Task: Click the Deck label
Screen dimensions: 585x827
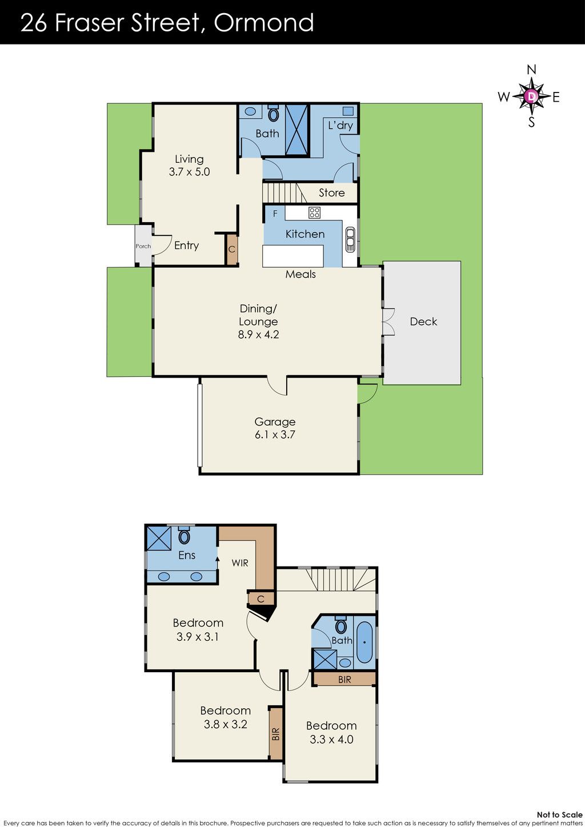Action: click(x=423, y=322)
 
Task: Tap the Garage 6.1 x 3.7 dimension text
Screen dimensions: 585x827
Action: click(x=275, y=435)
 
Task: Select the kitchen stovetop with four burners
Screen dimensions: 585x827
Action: click(x=315, y=212)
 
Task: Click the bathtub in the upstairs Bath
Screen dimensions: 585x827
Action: click(x=364, y=643)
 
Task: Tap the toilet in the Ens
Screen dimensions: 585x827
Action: click(x=184, y=535)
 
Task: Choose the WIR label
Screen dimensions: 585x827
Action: click(x=240, y=563)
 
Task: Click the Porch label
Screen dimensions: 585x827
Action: click(x=143, y=246)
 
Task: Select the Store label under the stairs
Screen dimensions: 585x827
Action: click(x=332, y=192)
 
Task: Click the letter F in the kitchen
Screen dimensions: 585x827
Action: click(x=275, y=214)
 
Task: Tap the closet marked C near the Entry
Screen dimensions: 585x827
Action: click(x=231, y=249)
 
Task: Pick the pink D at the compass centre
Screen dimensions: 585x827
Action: click(x=532, y=97)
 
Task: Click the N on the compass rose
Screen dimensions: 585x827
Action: click(x=531, y=70)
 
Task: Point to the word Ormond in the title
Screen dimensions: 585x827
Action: click(x=264, y=22)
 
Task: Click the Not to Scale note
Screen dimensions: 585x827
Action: click(x=559, y=814)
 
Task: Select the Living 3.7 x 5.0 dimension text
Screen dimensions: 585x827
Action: click(x=190, y=172)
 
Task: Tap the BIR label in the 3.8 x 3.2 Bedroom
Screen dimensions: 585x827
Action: click(x=275, y=734)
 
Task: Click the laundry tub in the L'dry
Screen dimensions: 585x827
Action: click(x=348, y=111)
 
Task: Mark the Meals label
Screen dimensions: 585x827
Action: click(x=300, y=274)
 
